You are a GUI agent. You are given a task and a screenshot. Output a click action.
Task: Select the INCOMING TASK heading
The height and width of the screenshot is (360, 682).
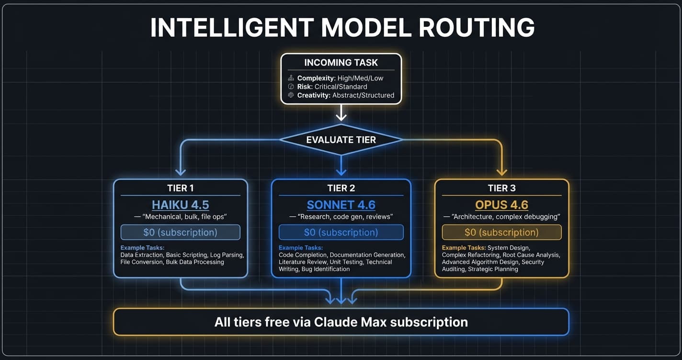click(341, 63)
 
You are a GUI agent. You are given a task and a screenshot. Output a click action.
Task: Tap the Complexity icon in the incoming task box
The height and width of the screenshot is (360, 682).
click(290, 78)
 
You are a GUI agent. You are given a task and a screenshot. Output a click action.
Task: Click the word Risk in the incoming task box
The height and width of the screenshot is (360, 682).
click(305, 87)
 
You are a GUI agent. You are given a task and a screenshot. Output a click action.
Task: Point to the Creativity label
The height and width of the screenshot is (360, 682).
click(314, 95)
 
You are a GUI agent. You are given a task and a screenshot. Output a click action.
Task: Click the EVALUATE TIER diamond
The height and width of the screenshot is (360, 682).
click(341, 140)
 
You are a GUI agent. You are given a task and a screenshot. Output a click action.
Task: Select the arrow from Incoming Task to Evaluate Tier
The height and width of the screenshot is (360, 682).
click(341, 113)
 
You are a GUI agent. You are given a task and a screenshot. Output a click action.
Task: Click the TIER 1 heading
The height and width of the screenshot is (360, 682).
click(181, 188)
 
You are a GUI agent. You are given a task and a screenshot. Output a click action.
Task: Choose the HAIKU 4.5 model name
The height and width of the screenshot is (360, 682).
click(181, 205)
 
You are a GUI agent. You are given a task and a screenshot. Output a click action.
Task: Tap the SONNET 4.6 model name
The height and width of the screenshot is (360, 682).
click(341, 205)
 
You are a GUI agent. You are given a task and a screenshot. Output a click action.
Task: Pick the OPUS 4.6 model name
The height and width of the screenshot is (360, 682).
click(501, 205)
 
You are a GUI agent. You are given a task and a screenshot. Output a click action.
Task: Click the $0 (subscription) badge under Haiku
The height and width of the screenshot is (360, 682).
click(181, 232)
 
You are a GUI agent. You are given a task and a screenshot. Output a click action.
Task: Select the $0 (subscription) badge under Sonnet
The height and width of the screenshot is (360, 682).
click(341, 232)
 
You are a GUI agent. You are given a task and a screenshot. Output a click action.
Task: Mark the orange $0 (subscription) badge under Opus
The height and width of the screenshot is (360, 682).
click(501, 232)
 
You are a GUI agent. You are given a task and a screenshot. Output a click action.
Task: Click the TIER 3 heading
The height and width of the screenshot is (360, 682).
click(501, 188)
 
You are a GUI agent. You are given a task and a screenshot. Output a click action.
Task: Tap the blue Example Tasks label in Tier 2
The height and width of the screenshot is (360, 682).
click(301, 247)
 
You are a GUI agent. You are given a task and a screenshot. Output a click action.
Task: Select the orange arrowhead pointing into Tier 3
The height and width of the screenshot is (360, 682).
click(501, 172)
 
